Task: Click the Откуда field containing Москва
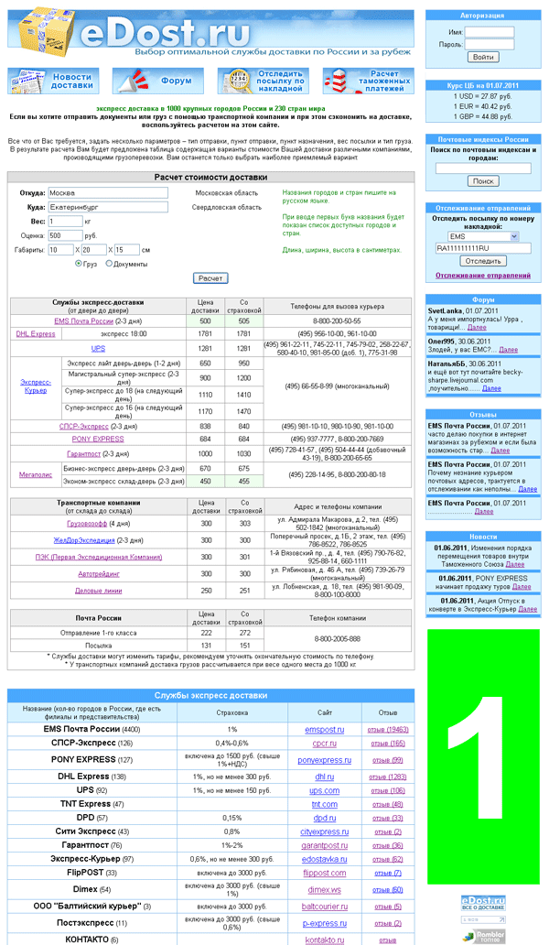[x=108, y=193]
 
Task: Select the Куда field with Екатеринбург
[x=108, y=207]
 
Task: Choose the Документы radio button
[x=111, y=264]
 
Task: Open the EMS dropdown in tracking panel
[x=476, y=236]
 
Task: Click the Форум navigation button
[x=145, y=81]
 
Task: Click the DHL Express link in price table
[x=36, y=334]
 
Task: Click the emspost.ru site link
[x=324, y=729]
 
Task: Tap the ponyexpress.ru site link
[x=324, y=760]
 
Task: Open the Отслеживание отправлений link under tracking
[x=482, y=275]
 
